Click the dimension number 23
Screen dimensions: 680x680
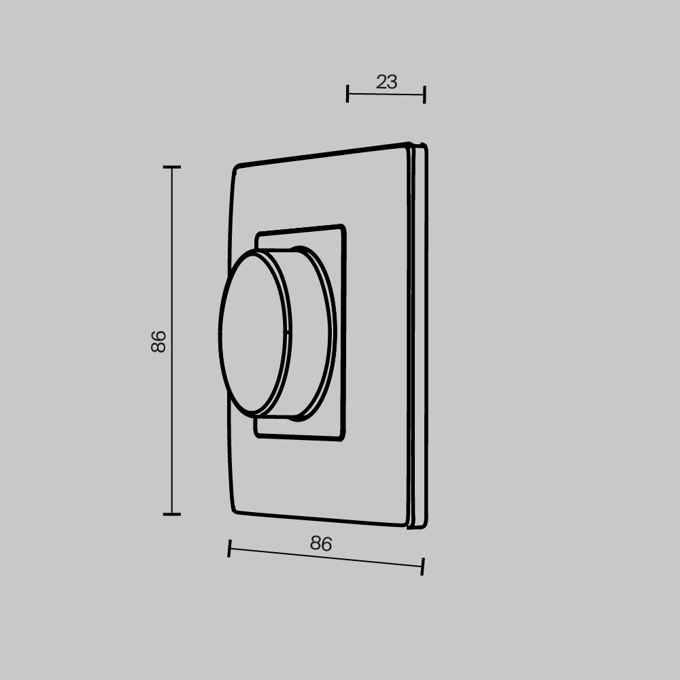(386, 82)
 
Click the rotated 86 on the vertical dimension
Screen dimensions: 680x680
(158, 341)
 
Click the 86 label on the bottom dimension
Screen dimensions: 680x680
(320, 543)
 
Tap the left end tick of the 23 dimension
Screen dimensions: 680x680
(347, 93)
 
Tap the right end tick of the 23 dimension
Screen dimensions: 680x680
(424, 95)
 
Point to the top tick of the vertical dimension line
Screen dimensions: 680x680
(171, 167)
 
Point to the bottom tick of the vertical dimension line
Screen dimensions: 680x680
(171, 514)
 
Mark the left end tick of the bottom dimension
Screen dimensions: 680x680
(230, 547)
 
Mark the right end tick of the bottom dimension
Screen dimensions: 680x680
(422, 566)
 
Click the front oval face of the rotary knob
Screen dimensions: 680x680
(252, 333)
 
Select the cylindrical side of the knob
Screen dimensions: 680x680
(309, 333)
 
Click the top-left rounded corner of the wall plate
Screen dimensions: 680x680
(236, 168)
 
